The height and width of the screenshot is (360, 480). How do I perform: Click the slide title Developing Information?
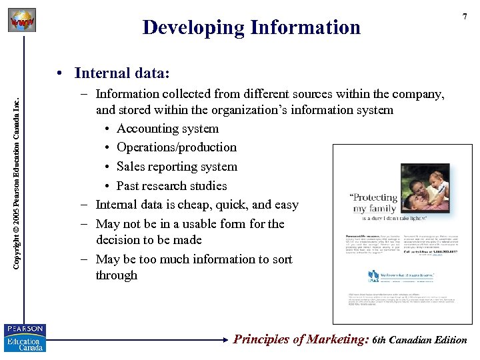click(x=251, y=27)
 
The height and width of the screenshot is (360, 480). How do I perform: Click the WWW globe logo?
click(x=22, y=21)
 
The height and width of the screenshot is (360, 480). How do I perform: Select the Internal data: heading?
click(x=122, y=72)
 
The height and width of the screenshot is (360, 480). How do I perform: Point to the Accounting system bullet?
click(x=167, y=129)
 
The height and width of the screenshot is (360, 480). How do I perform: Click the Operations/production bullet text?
click(x=177, y=147)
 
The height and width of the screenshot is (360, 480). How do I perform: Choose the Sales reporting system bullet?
click(x=177, y=167)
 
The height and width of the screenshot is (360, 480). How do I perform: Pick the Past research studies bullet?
click(x=171, y=186)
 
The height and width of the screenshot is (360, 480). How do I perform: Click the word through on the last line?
click(x=116, y=275)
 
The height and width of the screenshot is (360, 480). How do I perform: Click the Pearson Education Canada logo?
click(x=24, y=337)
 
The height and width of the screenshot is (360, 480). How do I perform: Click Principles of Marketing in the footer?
click(x=301, y=339)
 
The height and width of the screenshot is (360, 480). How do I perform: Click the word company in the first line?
click(x=417, y=94)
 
